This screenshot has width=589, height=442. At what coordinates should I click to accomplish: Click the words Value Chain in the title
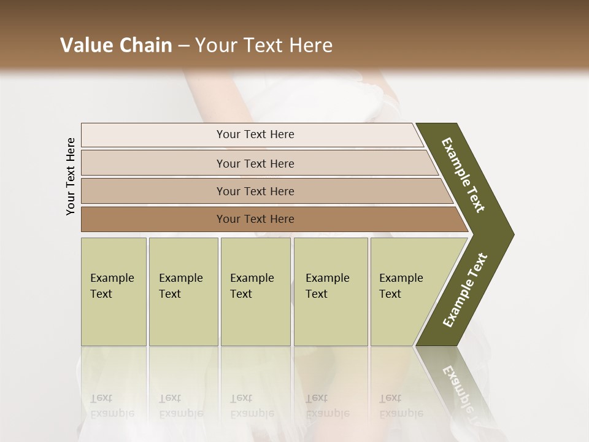(116, 45)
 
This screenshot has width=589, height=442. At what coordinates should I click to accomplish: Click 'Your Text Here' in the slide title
(264, 45)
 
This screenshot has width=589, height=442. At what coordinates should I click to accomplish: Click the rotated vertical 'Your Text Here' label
(71, 176)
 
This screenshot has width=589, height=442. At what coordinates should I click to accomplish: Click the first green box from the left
(114, 292)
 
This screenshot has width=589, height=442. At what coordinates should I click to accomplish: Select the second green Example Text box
(183, 292)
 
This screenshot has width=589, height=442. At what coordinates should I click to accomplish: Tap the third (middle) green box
(255, 292)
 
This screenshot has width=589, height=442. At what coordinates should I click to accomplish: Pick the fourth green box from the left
(331, 292)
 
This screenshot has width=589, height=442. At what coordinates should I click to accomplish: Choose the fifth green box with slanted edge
(405, 292)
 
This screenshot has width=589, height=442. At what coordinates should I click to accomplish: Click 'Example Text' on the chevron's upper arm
(463, 176)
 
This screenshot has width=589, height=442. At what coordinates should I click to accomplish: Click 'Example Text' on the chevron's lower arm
(465, 290)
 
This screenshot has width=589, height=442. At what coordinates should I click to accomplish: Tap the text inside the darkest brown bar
(255, 219)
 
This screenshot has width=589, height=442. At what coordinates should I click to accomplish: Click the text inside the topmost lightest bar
(255, 134)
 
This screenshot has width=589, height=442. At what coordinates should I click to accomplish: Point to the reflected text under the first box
(112, 406)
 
